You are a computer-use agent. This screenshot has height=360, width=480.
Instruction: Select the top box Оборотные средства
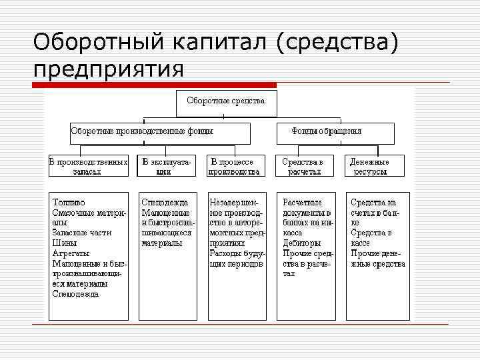pyautogui.click(x=226, y=102)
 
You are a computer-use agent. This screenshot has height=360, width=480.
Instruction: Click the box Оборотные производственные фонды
pyautogui.click(x=160, y=133)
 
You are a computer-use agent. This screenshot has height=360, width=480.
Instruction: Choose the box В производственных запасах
pyautogui.click(x=88, y=166)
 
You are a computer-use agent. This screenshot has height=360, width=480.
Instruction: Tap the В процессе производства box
pyautogui.click(x=233, y=166)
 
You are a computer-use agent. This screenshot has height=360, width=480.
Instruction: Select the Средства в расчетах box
pyautogui.click(x=303, y=166)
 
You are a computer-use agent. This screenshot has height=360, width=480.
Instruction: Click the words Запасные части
pyautogui.click(x=81, y=233)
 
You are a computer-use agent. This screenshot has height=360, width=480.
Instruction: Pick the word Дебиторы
pyautogui.click(x=301, y=243)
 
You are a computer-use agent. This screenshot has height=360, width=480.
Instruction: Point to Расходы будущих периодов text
pyautogui.click(x=237, y=259)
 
